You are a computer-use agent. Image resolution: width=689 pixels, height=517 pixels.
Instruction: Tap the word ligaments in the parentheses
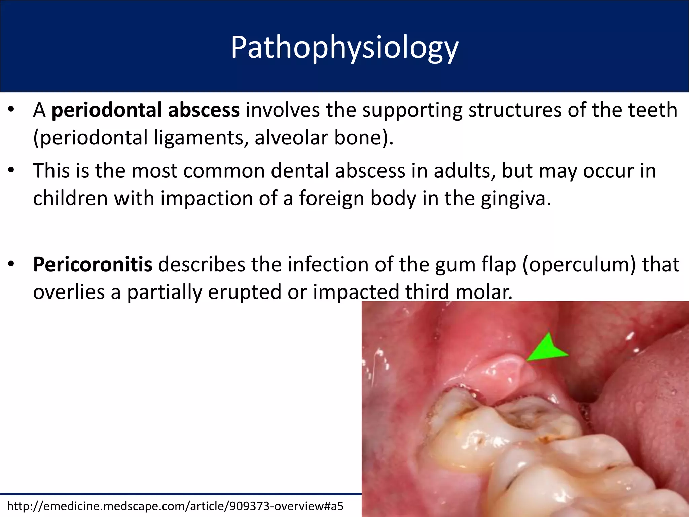(198, 138)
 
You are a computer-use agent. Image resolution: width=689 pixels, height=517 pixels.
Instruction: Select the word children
(70, 198)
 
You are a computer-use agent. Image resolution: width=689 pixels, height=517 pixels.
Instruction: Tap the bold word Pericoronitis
(93, 265)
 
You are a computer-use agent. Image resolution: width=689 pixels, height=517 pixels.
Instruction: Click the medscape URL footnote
(175, 506)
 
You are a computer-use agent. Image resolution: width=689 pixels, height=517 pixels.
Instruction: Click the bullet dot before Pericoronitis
(11, 264)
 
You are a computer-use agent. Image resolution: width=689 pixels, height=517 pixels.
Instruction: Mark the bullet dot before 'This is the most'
(11, 170)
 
